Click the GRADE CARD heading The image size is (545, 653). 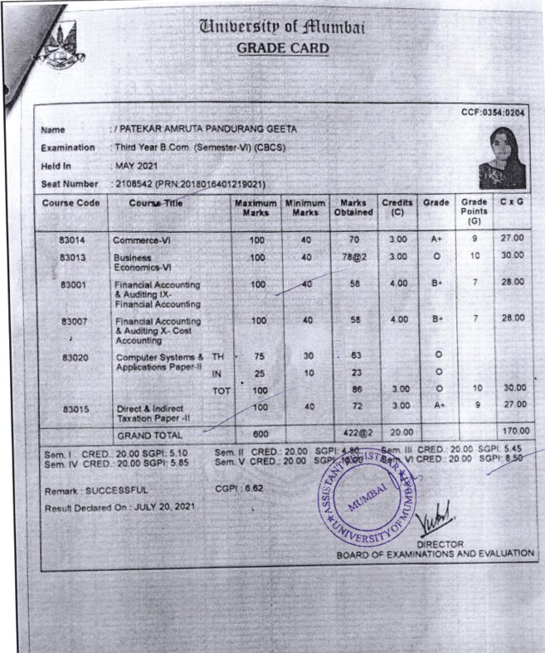282,48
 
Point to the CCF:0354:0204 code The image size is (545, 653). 494,113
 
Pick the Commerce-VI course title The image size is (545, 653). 142,240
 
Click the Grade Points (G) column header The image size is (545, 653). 474,211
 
